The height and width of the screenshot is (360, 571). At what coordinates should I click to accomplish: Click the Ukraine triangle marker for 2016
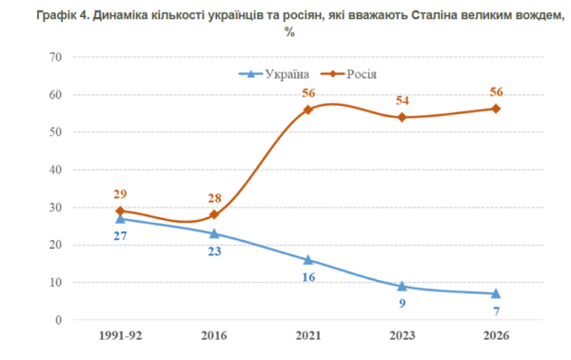[x=214, y=233]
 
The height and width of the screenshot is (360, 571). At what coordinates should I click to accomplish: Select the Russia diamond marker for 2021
[x=308, y=110]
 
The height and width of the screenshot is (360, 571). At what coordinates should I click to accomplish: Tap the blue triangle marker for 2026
[x=496, y=293]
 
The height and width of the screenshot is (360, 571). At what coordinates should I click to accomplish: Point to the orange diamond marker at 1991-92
[x=120, y=211]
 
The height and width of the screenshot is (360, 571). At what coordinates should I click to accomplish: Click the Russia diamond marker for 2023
[x=402, y=117]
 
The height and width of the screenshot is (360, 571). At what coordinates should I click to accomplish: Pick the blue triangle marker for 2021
[x=308, y=260]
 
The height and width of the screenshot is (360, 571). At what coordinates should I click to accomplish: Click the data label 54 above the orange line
[x=403, y=100]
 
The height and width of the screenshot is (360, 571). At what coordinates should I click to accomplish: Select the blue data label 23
[x=214, y=251]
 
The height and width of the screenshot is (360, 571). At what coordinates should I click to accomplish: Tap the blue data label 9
[x=403, y=303]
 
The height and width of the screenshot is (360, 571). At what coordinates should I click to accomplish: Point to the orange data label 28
[x=214, y=198]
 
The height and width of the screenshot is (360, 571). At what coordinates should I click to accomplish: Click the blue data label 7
[x=497, y=311]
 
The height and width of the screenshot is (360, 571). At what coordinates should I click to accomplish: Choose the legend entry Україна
[x=274, y=74]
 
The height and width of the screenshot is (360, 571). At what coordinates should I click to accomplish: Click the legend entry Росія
[x=349, y=74]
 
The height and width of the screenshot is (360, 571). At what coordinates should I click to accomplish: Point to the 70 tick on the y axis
[x=55, y=57]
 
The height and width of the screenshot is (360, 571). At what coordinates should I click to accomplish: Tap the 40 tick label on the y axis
[x=55, y=170]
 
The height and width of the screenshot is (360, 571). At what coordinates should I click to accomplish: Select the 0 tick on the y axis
[x=58, y=320]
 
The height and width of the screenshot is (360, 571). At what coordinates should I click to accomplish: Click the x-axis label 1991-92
[x=121, y=335]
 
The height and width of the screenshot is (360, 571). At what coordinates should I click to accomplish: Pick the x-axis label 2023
[x=403, y=335]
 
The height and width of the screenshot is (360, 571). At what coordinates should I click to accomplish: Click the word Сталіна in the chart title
[x=434, y=16]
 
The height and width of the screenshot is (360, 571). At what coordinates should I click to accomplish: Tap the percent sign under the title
[x=289, y=32]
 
